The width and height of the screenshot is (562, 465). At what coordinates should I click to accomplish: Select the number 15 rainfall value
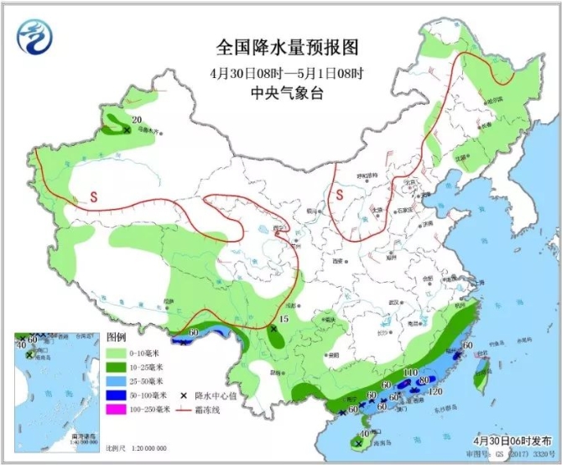tap(284, 320)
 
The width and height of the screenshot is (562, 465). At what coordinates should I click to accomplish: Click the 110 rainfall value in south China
tap(411, 373)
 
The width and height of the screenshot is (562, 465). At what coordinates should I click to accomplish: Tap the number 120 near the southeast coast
tap(435, 391)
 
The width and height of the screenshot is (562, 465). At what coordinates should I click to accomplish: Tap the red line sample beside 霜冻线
tap(184, 409)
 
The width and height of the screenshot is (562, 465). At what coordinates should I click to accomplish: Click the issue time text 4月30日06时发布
tap(512, 440)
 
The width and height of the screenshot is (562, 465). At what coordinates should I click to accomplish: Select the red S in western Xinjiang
tap(95, 196)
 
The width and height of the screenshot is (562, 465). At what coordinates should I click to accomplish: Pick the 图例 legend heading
tap(116, 336)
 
